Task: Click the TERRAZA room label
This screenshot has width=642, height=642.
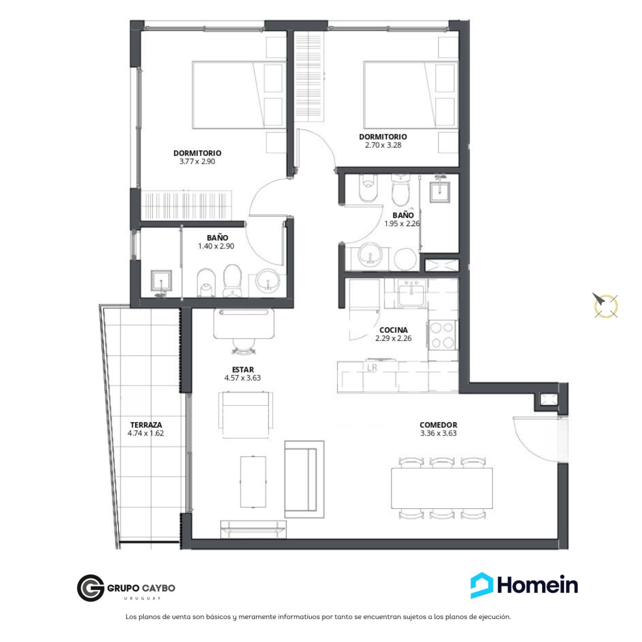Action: [x=146, y=425]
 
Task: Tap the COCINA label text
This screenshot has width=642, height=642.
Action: [x=393, y=330]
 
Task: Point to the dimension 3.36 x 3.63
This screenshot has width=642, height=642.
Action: [x=438, y=433]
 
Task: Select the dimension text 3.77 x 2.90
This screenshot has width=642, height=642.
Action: [x=197, y=161]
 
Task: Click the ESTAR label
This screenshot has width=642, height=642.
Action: [x=243, y=370]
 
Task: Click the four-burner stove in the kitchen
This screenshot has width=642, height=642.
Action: [x=442, y=335]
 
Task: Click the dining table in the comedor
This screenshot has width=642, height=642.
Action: [x=442, y=488]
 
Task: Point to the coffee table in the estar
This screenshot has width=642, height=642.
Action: [x=253, y=482]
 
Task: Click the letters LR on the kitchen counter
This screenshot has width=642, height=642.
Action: [x=372, y=368]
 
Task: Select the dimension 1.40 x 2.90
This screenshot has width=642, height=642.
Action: [x=216, y=246]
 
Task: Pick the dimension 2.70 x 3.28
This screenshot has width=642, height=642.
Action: [x=383, y=145]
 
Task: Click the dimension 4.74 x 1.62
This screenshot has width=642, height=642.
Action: [x=145, y=433]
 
